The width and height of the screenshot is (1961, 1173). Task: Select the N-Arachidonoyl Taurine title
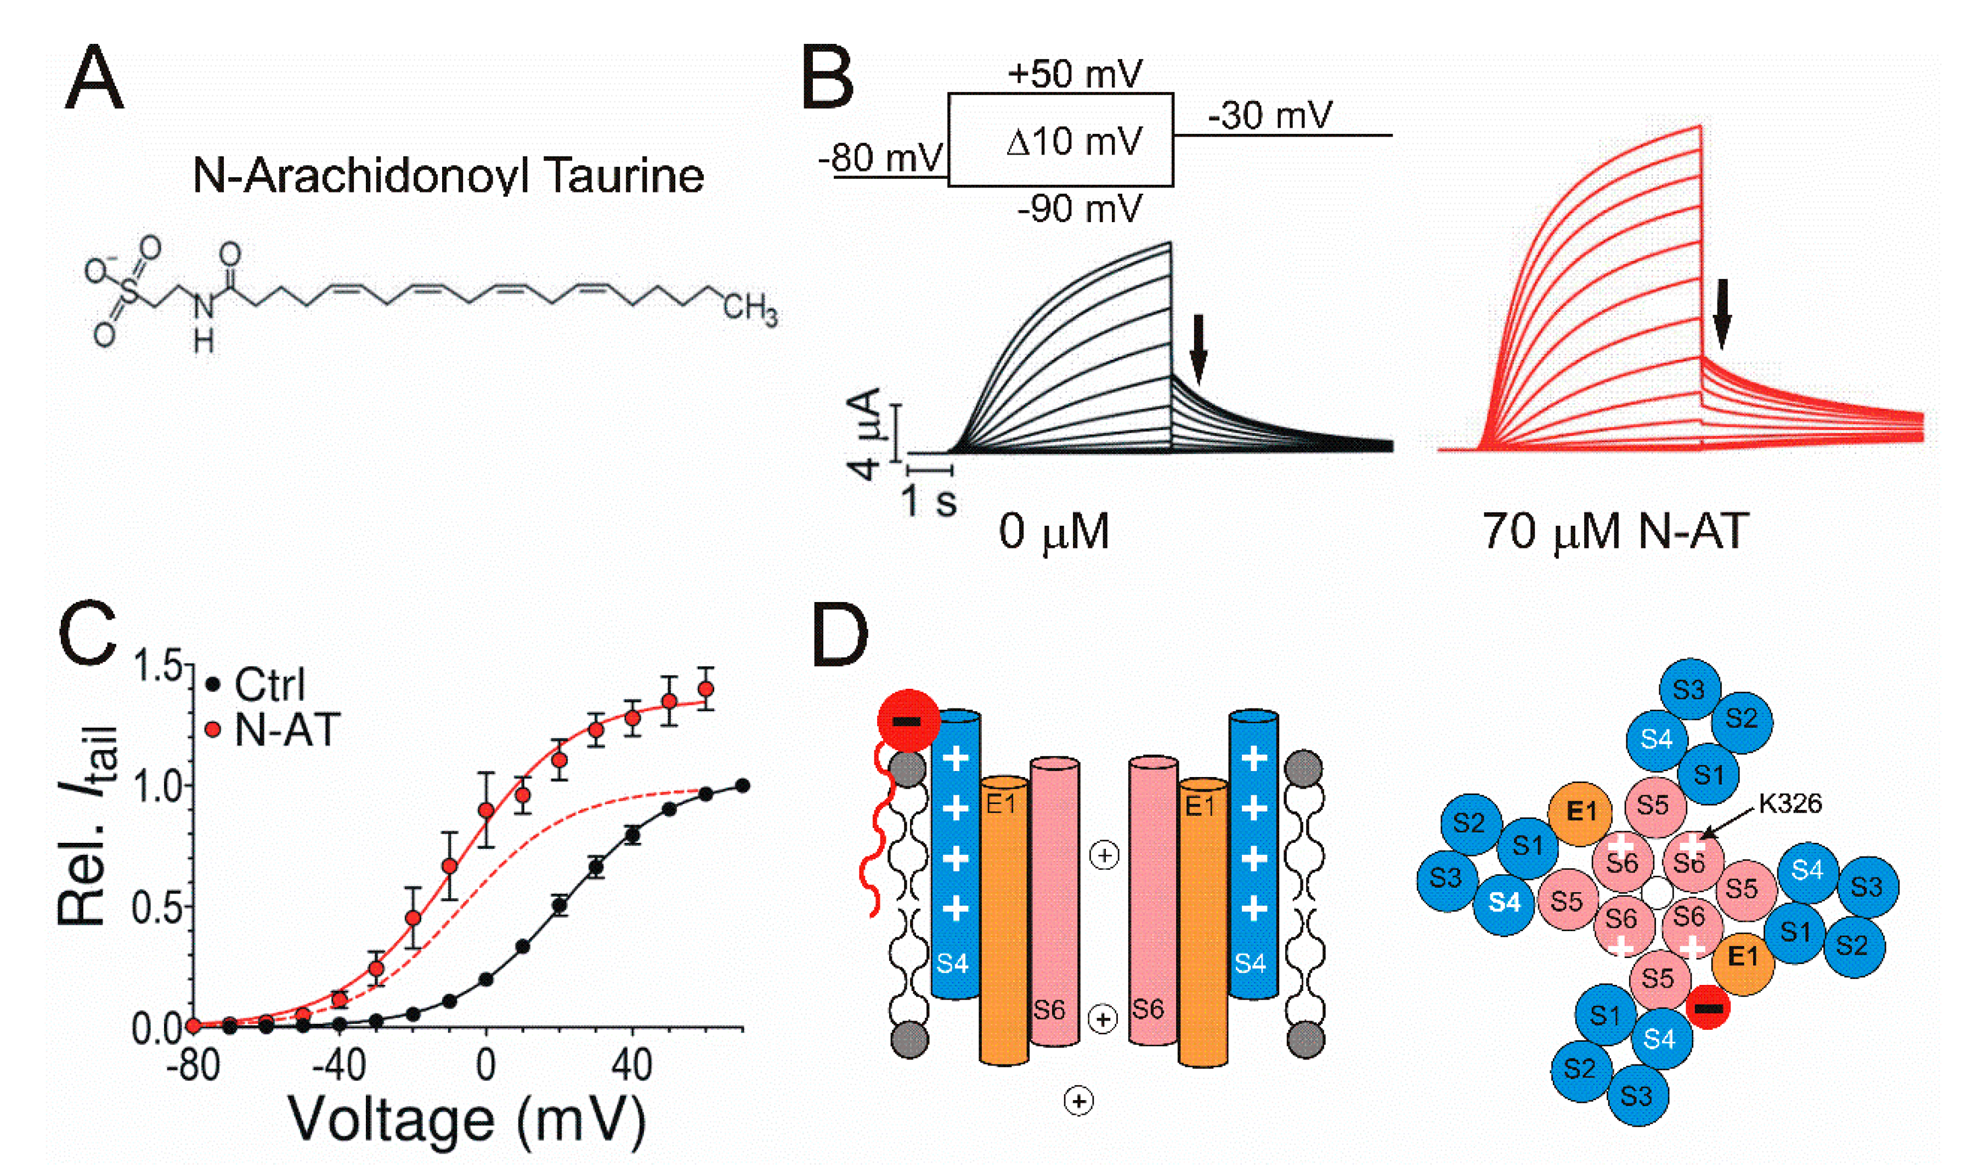pos(448,175)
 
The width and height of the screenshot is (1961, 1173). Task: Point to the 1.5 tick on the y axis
pos(158,666)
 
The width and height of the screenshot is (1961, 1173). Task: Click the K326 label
pos(1789,804)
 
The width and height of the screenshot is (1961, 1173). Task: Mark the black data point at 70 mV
pos(742,786)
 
